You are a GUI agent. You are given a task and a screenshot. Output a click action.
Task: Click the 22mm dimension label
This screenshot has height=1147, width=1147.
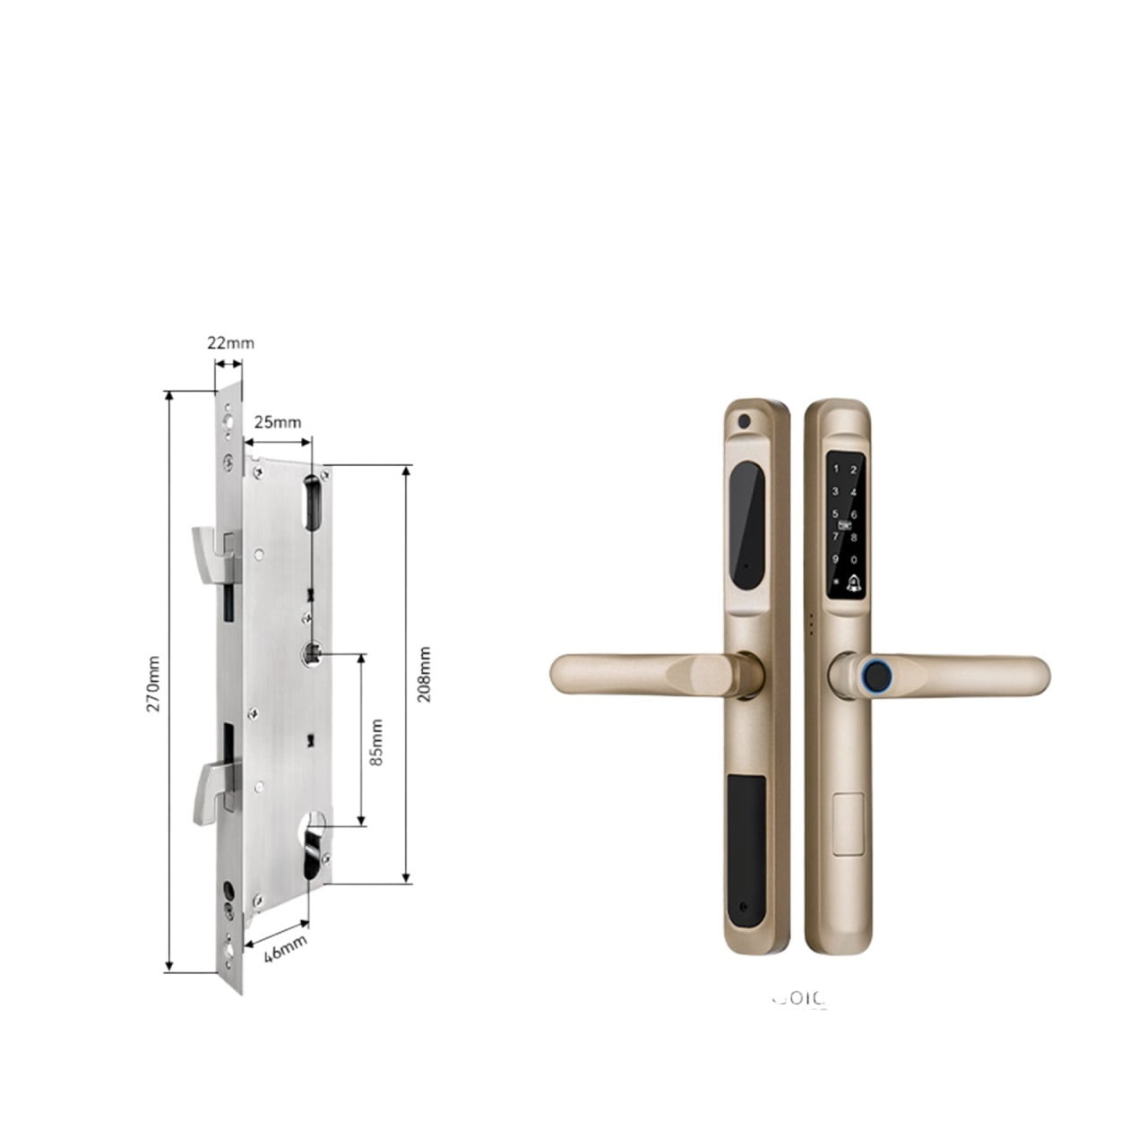click(230, 342)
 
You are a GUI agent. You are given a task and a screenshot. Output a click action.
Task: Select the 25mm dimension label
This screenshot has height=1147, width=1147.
click(277, 422)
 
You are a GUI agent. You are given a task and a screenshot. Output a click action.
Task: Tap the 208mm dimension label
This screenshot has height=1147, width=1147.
click(424, 674)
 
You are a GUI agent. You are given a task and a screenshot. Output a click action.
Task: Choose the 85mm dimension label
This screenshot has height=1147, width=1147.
click(376, 741)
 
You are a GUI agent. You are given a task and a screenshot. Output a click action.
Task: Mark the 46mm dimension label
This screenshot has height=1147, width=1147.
click(286, 946)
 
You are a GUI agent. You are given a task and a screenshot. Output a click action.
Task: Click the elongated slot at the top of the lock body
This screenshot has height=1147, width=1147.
click(315, 502)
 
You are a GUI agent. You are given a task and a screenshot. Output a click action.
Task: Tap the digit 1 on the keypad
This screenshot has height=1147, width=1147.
click(835, 469)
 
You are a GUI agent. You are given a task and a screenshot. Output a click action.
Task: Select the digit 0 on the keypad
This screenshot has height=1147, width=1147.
click(854, 558)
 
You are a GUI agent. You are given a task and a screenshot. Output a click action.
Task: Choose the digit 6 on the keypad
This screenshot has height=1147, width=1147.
click(854, 514)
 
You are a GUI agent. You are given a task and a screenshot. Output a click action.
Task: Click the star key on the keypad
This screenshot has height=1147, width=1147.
click(835, 581)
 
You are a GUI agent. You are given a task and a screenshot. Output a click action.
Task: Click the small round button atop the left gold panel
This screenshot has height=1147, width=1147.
click(742, 420)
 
